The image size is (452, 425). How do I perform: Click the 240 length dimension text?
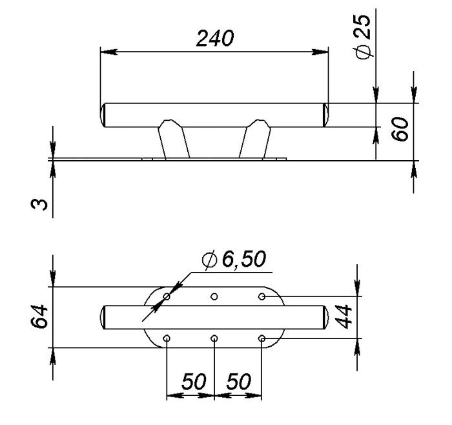point(215,38)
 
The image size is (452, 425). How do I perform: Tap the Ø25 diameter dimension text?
point(362,37)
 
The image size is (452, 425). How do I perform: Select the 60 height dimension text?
point(400,129)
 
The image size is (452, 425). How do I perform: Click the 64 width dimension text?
point(39,316)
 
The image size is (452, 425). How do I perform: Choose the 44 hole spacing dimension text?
point(344,317)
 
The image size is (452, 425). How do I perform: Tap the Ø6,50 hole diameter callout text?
point(234,259)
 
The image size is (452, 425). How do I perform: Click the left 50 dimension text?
point(194,382)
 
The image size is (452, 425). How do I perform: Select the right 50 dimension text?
point(239,382)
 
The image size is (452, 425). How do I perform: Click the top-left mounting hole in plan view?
point(167,296)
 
